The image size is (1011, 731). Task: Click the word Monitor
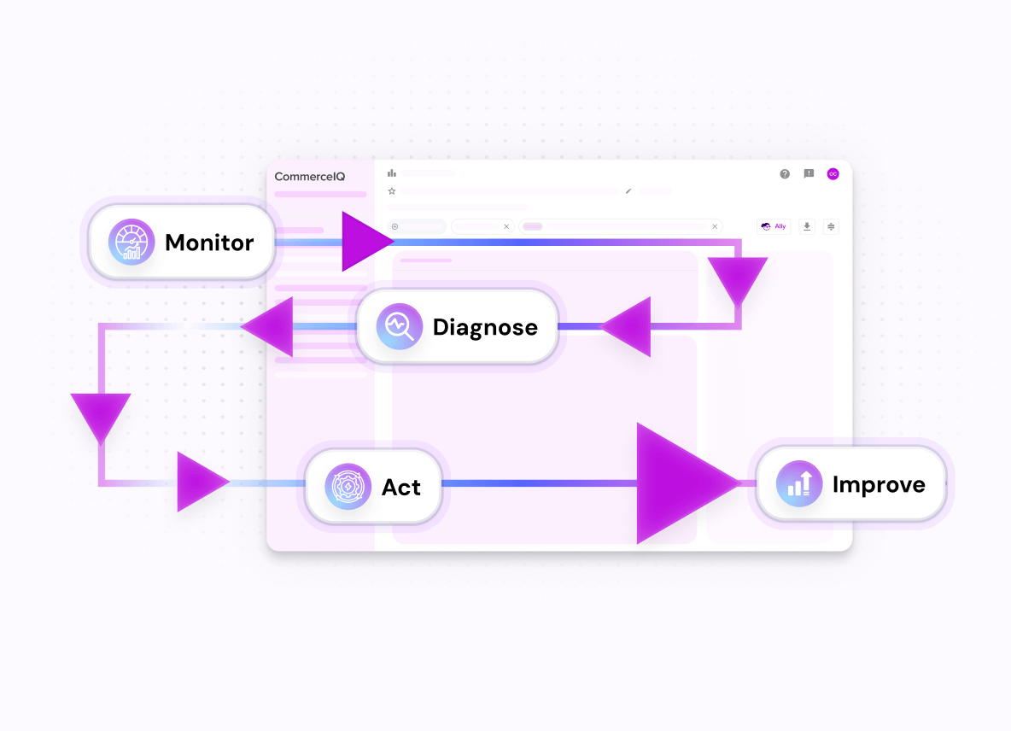coord(209,243)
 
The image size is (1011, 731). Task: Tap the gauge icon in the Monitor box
coord(131,242)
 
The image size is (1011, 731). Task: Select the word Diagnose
coord(485,327)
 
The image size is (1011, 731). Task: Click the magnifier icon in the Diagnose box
coord(400,326)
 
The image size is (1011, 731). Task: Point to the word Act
coord(401,487)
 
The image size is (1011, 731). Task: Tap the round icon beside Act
coord(348,487)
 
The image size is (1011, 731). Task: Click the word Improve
coord(879,484)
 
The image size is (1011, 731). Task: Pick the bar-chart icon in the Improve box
coord(799,483)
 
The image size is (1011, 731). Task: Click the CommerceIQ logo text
coord(310,177)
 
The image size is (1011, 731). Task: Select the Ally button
coord(774,226)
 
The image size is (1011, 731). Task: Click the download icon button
coord(807,226)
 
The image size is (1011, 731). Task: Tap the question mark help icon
coord(785,174)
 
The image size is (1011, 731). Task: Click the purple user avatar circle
coord(833,174)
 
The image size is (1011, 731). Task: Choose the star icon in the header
coord(392,191)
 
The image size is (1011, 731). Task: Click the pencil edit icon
coord(628,191)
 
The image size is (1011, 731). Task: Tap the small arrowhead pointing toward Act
coord(198,482)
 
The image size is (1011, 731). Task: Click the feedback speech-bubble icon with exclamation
coord(809,174)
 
